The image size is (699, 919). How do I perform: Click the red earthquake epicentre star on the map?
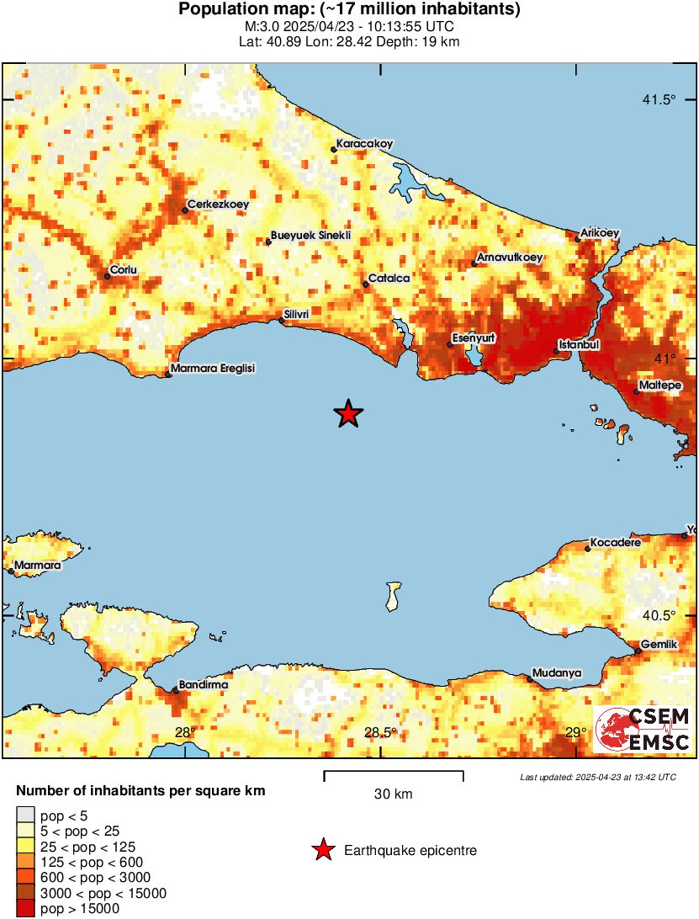click(348, 414)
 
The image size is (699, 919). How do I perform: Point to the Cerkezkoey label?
click(218, 205)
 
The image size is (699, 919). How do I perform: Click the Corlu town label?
click(123, 271)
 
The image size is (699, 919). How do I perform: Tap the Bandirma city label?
click(204, 685)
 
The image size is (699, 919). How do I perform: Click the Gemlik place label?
click(658, 645)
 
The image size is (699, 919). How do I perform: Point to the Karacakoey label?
click(364, 144)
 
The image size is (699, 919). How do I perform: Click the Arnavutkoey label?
click(510, 257)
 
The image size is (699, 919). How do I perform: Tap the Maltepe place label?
click(659, 385)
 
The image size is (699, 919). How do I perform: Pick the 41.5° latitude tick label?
click(659, 100)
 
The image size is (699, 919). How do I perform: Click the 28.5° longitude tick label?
click(380, 732)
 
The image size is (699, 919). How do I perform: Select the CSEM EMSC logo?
click(643, 729)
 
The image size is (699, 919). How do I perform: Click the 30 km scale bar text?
click(393, 794)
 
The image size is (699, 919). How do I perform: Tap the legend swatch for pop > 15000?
click(26, 909)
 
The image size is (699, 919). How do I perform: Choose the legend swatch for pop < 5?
click(26, 815)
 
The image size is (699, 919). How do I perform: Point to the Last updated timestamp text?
click(597, 777)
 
